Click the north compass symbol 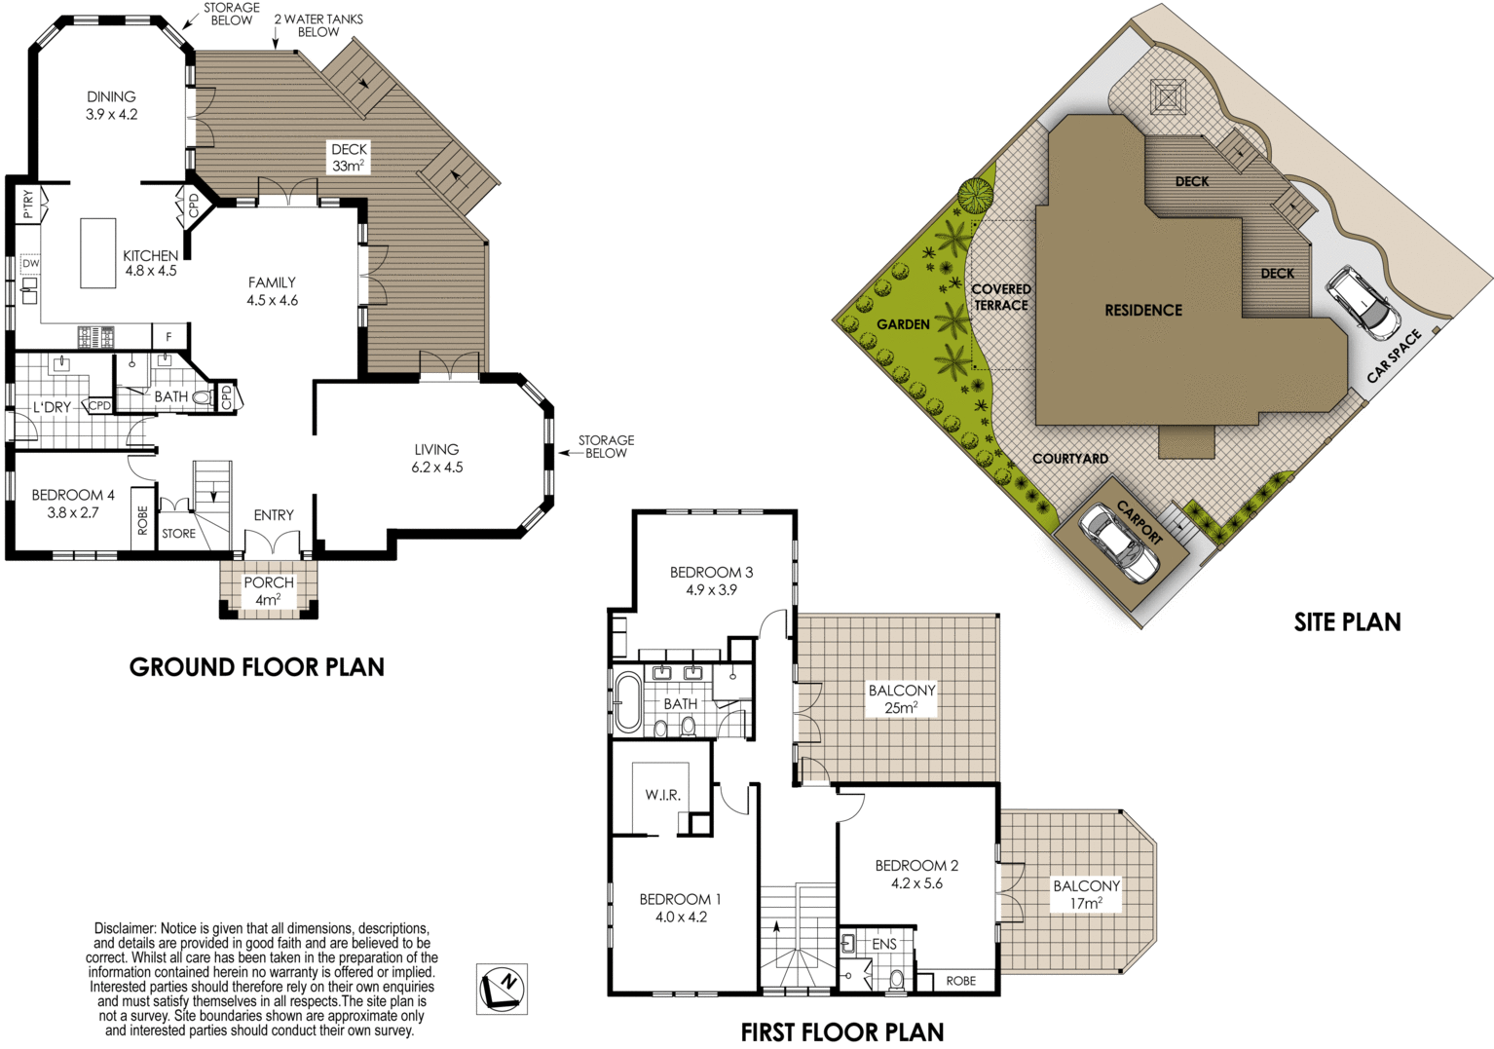[x=502, y=989]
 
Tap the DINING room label [x=111, y=105]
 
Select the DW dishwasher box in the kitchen [x=31, y=263]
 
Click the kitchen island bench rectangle [x=98, y=252]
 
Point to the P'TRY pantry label [x=27, y=205]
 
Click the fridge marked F [x=168, y=337]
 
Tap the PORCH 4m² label [x=268, y=591]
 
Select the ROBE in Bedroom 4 [x=143, y=519]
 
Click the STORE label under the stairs [x=179, y=534]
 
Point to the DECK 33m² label [x=349, y=158]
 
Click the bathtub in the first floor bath [x=627, y=703]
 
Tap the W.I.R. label [x=662, y=795]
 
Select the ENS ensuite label [x=884, y=944]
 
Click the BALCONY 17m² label [x=1087, y=894]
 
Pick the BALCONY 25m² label [x=901, y=699]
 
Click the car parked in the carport [x=1118, y=543]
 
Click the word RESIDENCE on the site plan [x=1143, y=310]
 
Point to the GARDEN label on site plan [x=903, y=324]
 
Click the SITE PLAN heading [x=1347, y=622]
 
